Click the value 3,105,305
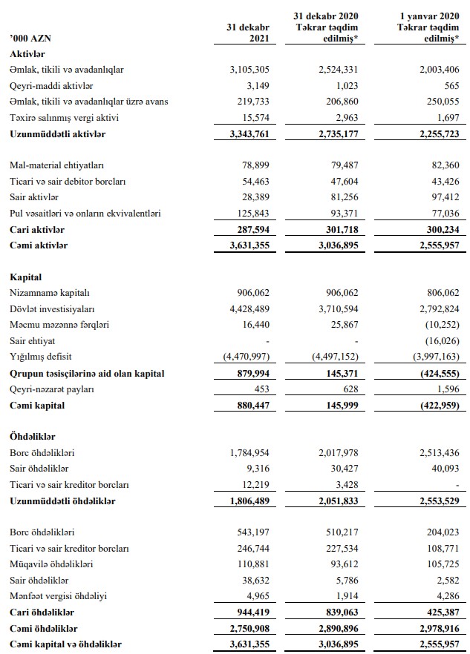tap(241, 70)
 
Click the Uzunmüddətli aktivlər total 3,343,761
tap(241, 134)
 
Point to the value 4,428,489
tap(241, 309)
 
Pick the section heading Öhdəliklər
tap(33, 437)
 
